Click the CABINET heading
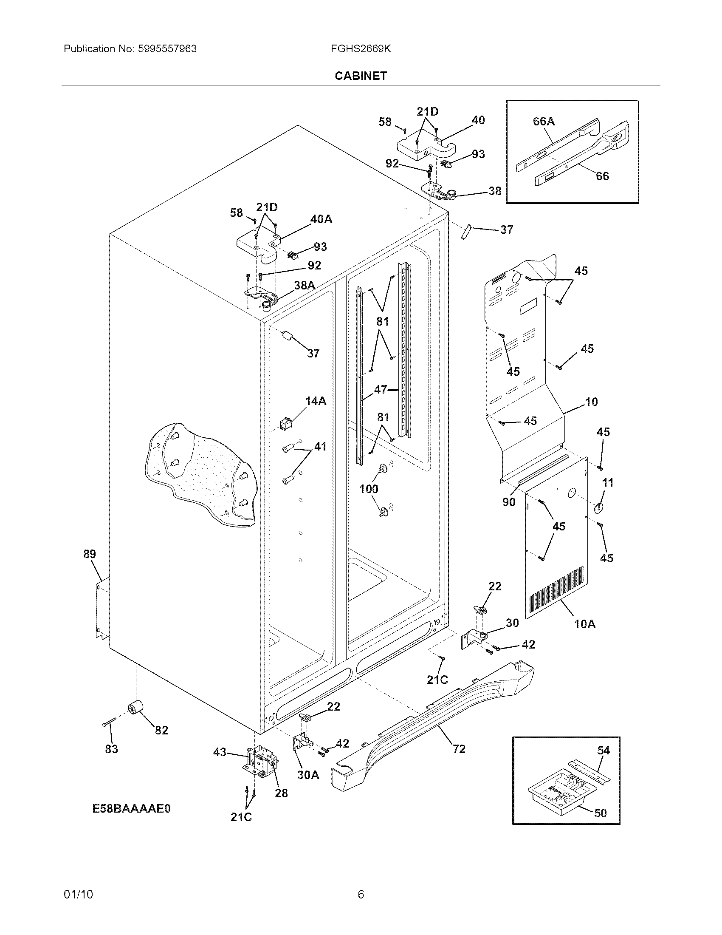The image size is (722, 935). (361, 76)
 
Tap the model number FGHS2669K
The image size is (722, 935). (361, 49)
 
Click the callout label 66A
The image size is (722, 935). (544, 122)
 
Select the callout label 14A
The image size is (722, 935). (316, 401)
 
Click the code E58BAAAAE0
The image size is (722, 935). (131, 809)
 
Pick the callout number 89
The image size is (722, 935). (89, 554)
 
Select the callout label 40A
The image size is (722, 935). (321, 219)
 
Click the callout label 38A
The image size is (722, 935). (305, 286)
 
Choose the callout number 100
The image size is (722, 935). (369, 489)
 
